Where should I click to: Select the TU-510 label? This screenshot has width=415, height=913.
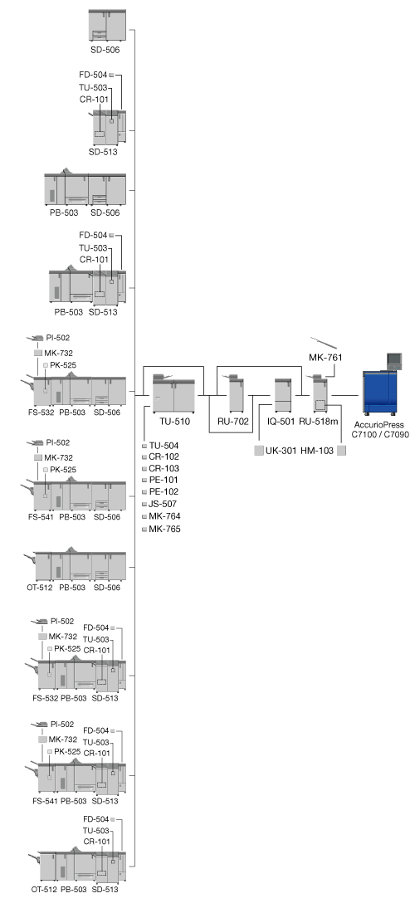pyautogui.click(x=174, y=422)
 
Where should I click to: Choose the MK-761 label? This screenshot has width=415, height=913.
pyautogui.click(x=325, y=357)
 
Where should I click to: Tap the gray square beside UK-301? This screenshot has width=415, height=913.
pyautogui.click(x=259, y=450)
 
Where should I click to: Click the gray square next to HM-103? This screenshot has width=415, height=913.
pyautogui.click(x=342, y=450)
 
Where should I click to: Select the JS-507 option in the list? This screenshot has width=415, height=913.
pyautogui.click(x=163, y=504)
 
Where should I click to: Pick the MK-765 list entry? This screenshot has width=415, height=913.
pyautogui.click(x=164, y=529)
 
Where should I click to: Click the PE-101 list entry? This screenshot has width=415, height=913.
pyautogui.click(x=164, y=480)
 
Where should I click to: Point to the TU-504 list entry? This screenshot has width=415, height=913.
pyautogui.click(x=164, y=446)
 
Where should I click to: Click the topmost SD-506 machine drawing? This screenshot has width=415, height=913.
pyautogui.click(x=107, y=25)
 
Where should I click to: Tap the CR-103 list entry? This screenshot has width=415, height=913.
pyautogui.click(x=164, y=468)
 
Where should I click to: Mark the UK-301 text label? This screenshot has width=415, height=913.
pyautogui.click(x=280, y=450)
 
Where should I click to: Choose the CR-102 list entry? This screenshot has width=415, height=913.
pyautogui.click(x=164, y=456)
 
